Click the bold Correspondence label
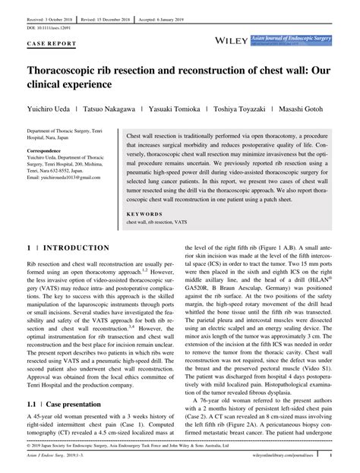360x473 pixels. (x=43, y=150)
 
